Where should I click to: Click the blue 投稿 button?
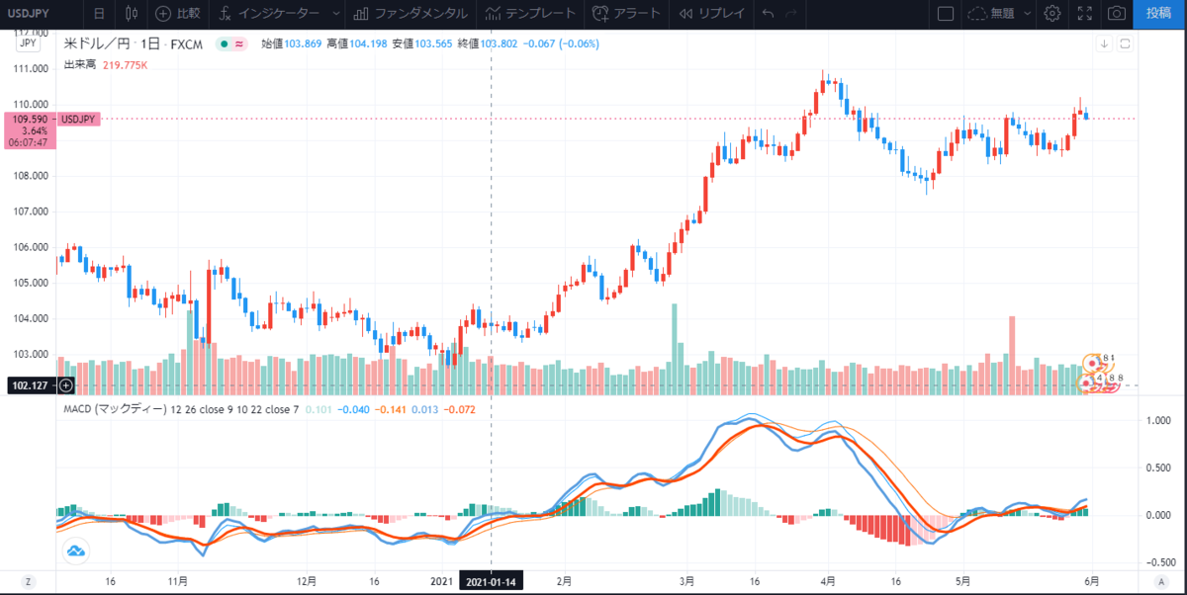(1159, 13)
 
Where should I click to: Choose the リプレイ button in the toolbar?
(706, 14)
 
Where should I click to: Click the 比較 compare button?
(178, 14)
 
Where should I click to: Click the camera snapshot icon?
(1117, 14)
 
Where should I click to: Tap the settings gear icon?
(1052, 14)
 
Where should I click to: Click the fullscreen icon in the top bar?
(1085, 14)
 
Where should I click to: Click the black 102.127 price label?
(29, 385)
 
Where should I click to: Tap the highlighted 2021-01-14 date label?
(492, 582)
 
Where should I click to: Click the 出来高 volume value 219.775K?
(125, 64)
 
